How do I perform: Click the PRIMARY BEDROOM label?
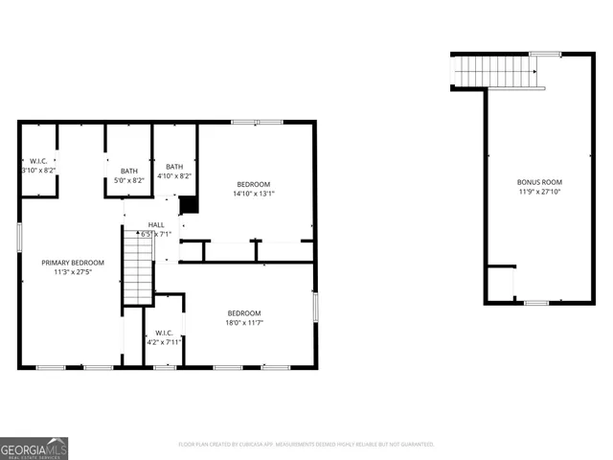(72, 262)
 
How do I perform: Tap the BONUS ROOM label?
(539, 181)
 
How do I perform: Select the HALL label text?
(155, 225)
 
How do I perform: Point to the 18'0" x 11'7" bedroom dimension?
(244, 323)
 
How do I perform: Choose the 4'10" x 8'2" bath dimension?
(173, 175)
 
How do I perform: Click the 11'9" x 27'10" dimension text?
(539, 191)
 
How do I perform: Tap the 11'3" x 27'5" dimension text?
(72, 271)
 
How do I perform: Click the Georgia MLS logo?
(34, 448)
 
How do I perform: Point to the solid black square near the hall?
(189, 205)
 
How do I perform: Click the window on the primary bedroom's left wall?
(19, 237)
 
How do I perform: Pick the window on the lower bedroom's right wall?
(314, 307)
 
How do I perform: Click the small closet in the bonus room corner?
(500, 284)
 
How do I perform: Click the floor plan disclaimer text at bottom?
(306, 445)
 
